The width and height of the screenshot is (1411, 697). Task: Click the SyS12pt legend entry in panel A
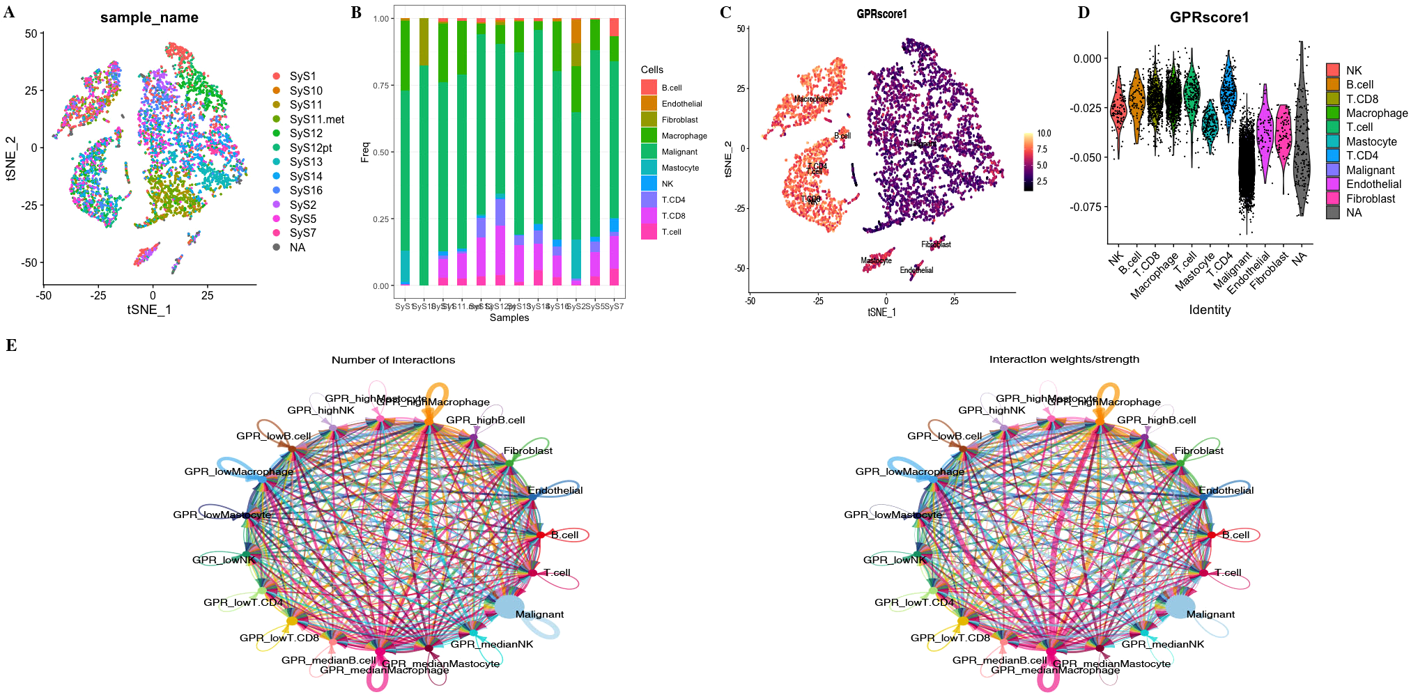(x=310, y=148)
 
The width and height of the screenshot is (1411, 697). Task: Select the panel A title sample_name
(x=149, y=17)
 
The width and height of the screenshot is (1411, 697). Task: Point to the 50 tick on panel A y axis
(x=31, y=33)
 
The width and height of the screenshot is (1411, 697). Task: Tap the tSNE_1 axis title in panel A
(x=149, y=310)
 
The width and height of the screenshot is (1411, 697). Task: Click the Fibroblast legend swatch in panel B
(x=649, y=120)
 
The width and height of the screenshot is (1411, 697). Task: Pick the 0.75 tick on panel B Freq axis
(x=380, y=86)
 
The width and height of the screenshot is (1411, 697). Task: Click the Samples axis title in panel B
(x=509, y=318)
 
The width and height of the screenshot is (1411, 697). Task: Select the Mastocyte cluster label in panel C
(x=876, y=260)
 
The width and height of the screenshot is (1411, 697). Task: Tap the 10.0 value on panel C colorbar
(x=1044, y=133)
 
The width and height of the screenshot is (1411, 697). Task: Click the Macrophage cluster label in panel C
(x=812, y=99)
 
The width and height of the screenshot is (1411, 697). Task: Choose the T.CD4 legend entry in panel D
(x=1362, y=155)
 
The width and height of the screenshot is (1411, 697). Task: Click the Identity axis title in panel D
(x=1210, y=310)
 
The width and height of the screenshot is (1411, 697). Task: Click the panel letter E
(x=10, y=345)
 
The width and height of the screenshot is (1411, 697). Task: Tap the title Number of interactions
(x=393, y=360)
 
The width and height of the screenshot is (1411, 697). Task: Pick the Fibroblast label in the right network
(x=1198, y=451)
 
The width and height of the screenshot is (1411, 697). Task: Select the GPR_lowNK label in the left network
(x=224, y=560)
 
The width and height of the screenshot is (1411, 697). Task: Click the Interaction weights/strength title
(x=1064, y=359)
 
